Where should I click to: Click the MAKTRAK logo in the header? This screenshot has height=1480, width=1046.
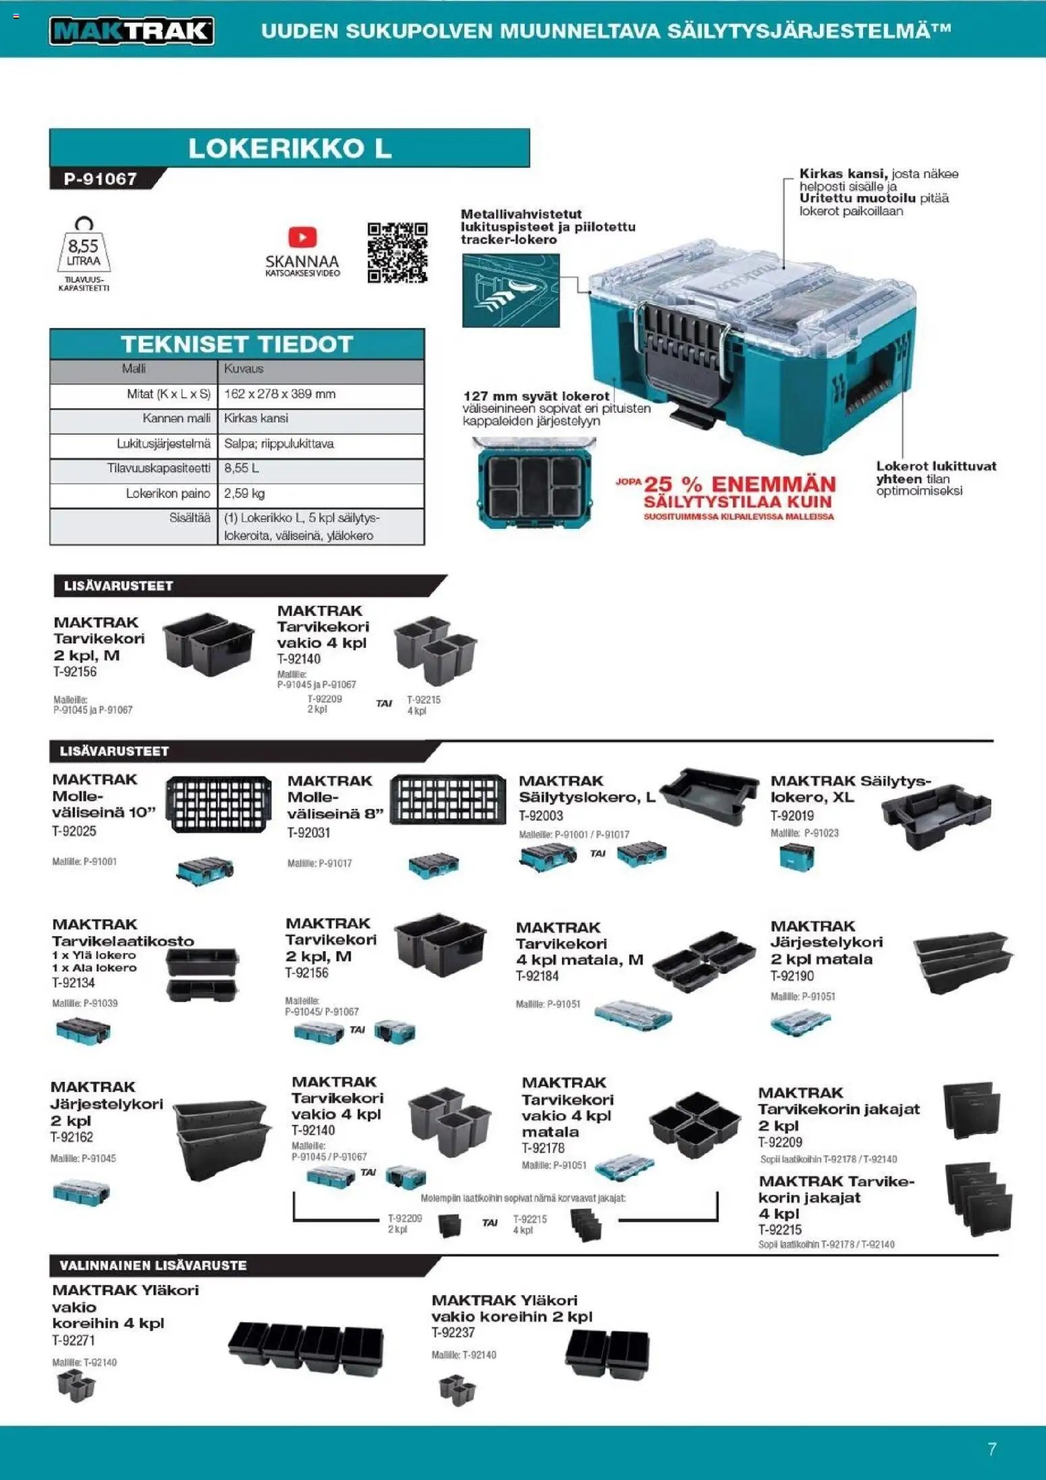(132, 31)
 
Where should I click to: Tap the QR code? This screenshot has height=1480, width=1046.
(397, 252)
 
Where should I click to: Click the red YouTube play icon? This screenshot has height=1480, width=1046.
(302, 237)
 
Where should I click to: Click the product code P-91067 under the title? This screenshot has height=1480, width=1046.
(101, 179)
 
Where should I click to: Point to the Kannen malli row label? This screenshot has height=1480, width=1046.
(176, 418)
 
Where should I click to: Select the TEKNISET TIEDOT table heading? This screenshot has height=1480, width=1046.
(237, 344)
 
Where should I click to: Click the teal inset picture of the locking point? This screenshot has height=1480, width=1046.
(511, 291)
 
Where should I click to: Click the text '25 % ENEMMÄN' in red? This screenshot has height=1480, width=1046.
(740, 484)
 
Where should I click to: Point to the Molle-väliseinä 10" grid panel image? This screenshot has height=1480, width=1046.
(219, 803)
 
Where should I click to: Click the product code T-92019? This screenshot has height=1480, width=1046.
(792, 816)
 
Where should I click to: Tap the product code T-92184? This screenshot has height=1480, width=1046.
(537, 976)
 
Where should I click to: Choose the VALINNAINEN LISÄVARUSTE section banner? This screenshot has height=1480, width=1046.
(153, 1265)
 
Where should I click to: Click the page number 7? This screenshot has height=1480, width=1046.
(991, 1448)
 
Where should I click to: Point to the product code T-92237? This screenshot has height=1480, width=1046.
(453, 1332)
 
